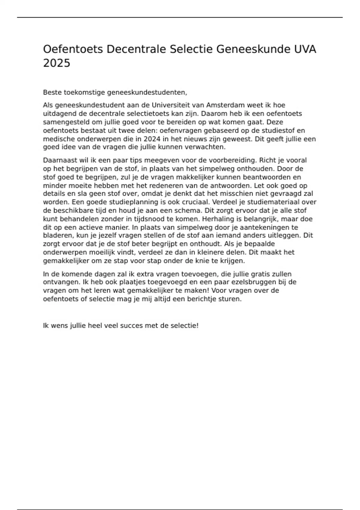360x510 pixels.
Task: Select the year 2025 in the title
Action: click(56, 63)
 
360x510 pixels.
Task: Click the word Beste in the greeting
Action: click(52, 92)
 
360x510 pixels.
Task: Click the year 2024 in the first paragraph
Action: click(152, 139)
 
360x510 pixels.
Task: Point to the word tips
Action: click(136, 160)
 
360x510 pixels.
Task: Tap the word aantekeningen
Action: click(261, 227)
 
